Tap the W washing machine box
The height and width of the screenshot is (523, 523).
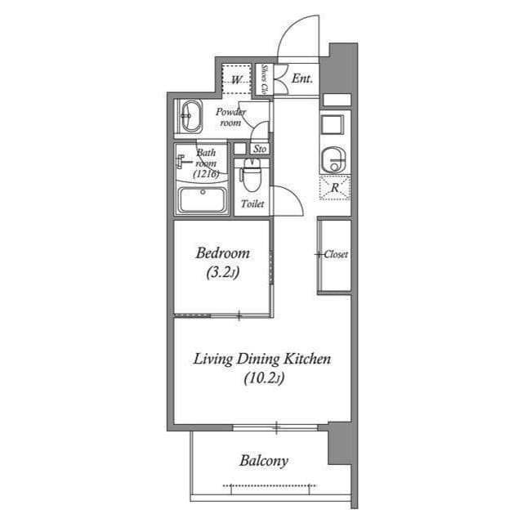[237, 79]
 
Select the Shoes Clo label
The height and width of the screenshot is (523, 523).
[266, 80]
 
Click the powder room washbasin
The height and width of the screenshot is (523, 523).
[190, 117]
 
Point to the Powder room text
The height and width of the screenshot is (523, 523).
[230, 117]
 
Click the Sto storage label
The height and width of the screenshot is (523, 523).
[260, 149]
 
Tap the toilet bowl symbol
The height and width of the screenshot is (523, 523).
[252, 176]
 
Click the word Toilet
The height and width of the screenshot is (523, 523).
[252, 204]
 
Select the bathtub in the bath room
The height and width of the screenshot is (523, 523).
[202, 201]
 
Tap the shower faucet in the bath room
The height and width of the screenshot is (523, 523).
[181, 162]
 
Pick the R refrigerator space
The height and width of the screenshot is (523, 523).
[334, 187]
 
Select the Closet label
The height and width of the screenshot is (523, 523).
[335, 254]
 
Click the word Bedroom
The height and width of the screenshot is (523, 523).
[221, 253]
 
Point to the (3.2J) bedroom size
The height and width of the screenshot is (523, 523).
[221, 274]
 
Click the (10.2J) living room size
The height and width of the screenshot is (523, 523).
[262, 378]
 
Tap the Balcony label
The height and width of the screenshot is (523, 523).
[263, 461]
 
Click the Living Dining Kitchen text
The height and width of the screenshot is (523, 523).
[261, 359]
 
